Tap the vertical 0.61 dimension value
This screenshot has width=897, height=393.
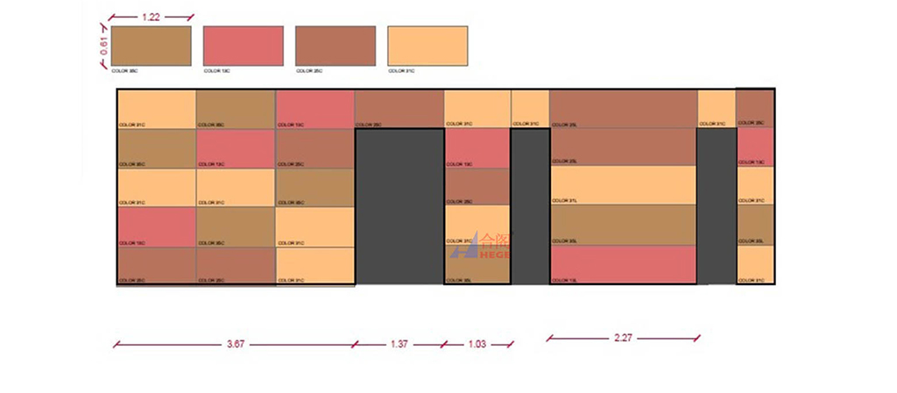click(x=103, y=46)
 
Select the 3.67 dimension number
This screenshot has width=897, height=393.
click(x=235, y=345)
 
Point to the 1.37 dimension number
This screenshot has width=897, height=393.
click(x=398, y=345)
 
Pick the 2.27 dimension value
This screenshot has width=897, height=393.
click(x=623, y=338)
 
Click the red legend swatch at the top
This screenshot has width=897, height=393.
click(x=244, y=45)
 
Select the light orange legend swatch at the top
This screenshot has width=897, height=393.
click(x=427, y=45)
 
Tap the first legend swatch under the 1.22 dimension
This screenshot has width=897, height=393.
click(x=152, y=45)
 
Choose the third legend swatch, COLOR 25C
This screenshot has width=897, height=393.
click(x=335, y=45)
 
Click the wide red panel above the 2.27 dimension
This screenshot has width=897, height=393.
click(x=623, y=264)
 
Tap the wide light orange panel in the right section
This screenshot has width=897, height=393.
click(x=623, y=184)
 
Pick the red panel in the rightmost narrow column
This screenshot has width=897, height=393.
click(x=755, y=146)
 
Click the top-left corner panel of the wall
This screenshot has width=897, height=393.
click(x=156, y=109)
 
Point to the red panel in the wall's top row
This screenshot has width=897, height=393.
click(x=315, y=109)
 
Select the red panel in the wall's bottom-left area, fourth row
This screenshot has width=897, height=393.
click(x=156, y=226)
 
